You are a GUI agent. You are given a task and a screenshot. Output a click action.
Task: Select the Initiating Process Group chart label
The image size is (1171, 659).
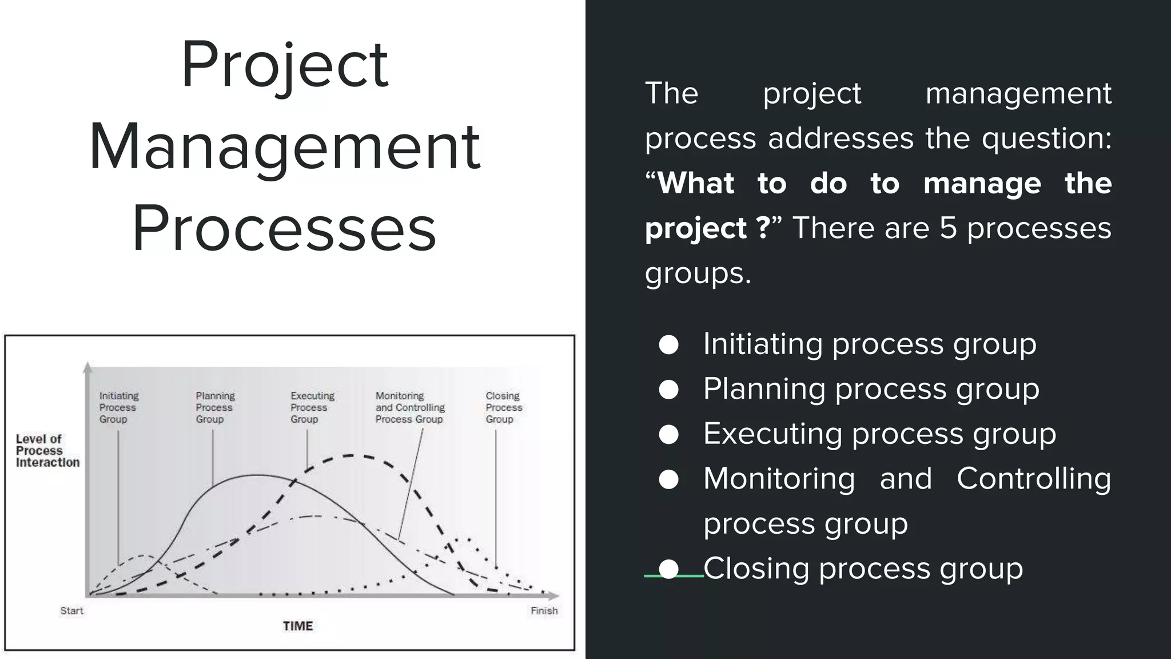point(118,407)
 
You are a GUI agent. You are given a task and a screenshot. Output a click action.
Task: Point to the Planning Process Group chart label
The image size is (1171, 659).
point(215,407)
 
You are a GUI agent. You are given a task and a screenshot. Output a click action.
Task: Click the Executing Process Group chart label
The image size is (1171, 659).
point(312,407)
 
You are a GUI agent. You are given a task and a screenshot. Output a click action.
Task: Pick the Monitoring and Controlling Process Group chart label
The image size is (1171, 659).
point(410,407)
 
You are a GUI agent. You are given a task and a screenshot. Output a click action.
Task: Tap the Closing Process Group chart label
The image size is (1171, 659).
point(504,407)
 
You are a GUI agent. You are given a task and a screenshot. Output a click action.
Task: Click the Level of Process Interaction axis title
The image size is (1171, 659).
point(47,451)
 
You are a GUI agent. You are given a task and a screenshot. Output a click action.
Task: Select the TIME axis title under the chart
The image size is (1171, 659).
point(298,626)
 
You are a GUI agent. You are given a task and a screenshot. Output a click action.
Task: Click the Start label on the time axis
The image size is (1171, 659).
point(72,611)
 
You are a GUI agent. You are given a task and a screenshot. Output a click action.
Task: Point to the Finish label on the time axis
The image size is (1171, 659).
point(544,611)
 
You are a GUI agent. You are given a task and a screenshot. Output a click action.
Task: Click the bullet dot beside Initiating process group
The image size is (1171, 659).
point(668,345)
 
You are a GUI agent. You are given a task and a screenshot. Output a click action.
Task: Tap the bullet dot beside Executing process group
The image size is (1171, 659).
point(668,435)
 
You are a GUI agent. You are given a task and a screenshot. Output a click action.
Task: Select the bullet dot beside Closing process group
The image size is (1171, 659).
point(668,569)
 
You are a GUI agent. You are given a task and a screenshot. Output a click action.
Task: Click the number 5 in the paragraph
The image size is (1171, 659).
point(948,228)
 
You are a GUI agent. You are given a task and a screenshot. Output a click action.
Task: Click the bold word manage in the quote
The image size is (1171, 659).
point(982,183)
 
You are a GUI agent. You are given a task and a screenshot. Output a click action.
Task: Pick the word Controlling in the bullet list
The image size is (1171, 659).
point(1034,478)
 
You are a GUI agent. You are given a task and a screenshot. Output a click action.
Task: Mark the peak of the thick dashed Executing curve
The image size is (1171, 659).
point(350,455)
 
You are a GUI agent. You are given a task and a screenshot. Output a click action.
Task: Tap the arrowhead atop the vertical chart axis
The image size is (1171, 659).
point(87,367)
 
